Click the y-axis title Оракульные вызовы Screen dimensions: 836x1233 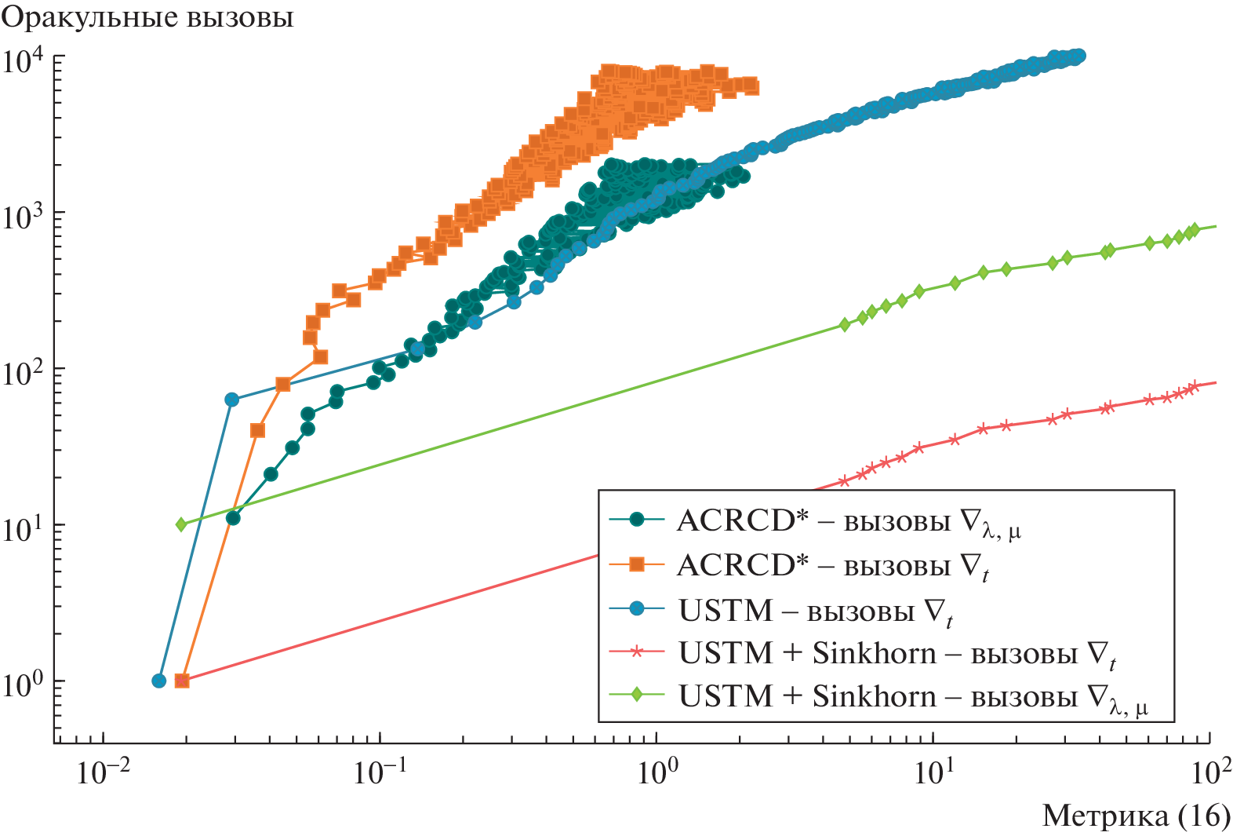(147, 17)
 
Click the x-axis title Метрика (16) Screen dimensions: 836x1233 (1136, 816)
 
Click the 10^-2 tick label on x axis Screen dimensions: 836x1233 (101, 772)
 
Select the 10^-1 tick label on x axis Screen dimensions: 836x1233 (379, 772)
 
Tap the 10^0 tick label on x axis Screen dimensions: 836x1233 (657, 772)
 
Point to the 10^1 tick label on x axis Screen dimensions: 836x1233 (933, 772)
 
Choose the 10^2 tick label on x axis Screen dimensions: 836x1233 (1210, 772)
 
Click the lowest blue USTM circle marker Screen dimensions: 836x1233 (159, 681)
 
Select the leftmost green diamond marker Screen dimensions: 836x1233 (181, 524)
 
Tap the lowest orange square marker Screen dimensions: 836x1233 (182, 681)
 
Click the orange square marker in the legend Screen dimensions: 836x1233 (637, 564)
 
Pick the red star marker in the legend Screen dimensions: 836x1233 (637, 652)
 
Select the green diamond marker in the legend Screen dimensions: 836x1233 (637, 695)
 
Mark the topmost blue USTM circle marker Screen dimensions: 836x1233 (1078, 55)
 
